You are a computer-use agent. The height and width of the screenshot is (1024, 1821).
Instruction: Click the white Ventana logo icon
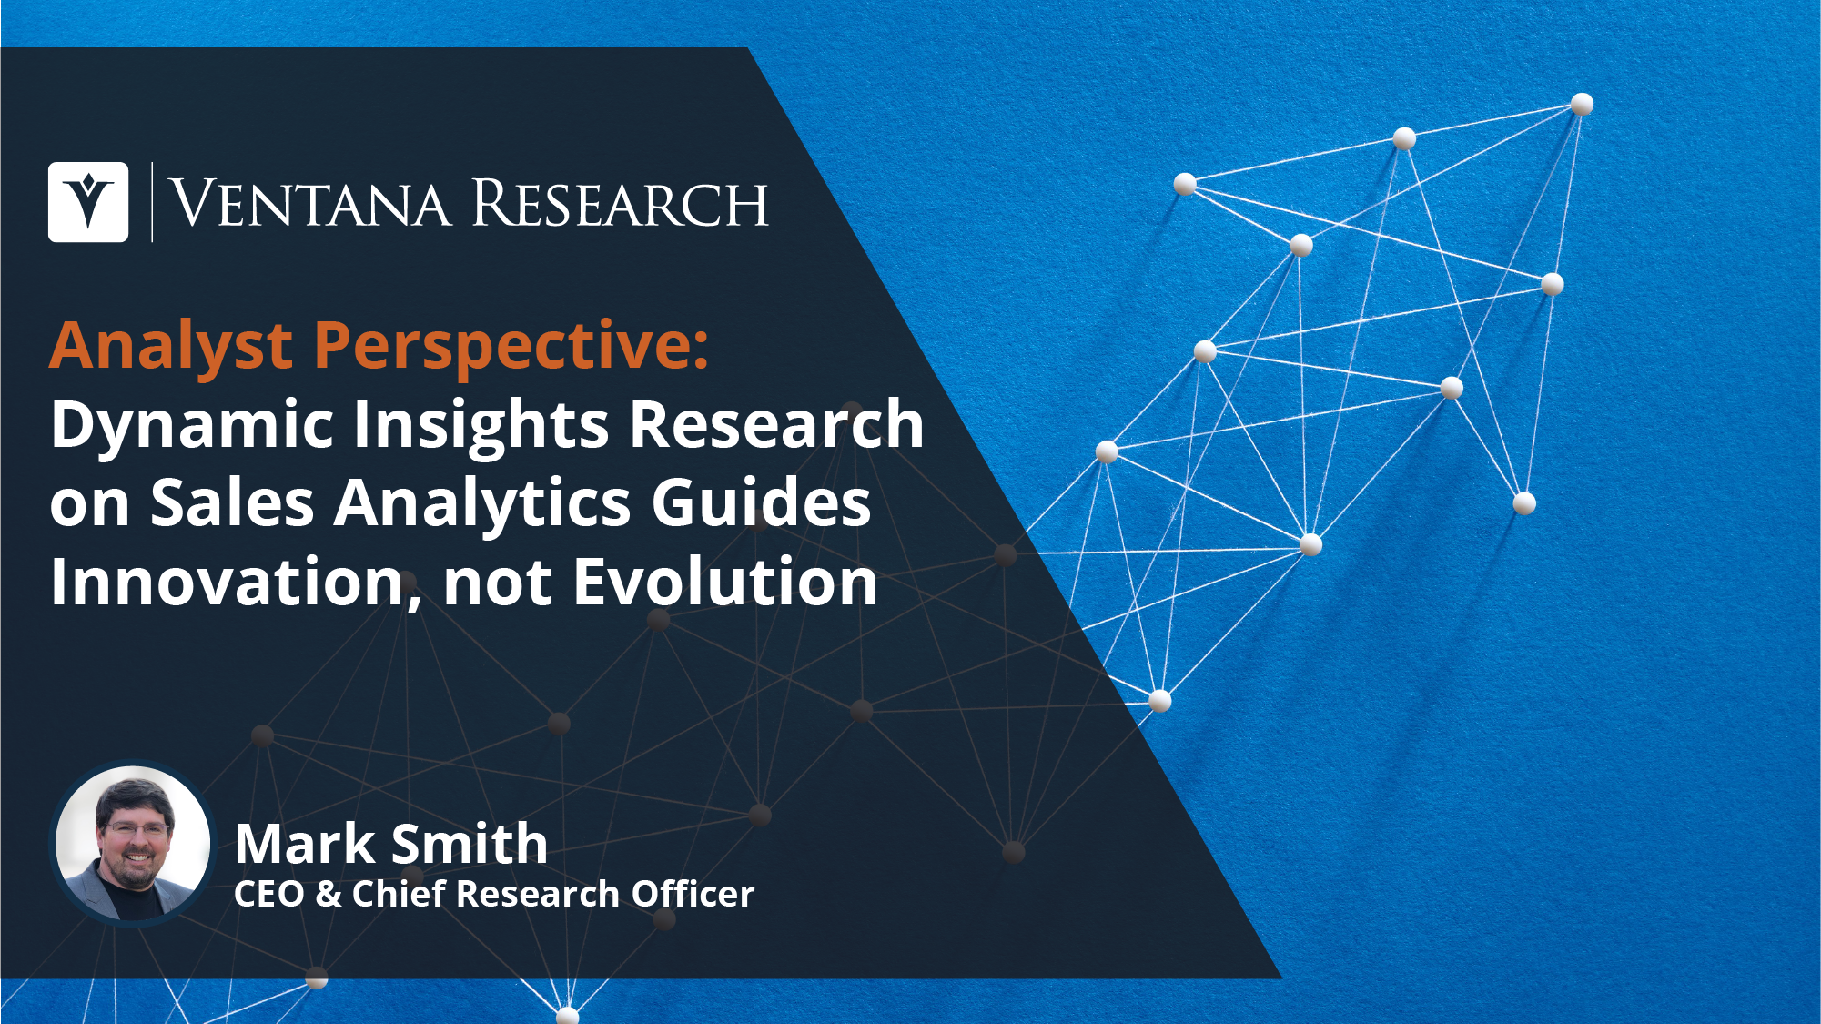pos(88,202)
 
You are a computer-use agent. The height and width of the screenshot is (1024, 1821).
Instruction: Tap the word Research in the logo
pos(620,203)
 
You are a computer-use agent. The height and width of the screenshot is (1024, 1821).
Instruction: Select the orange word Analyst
pos(171,347)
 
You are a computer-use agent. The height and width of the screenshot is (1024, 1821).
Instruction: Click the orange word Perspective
pos(511,347)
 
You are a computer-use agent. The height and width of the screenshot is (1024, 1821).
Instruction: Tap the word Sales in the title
pos(231,503)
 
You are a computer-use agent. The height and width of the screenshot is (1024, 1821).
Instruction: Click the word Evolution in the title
pos(725,583)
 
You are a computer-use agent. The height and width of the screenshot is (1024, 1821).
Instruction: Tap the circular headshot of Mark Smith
pos(133,843)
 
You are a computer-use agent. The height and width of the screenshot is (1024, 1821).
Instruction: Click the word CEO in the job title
pos(269,894)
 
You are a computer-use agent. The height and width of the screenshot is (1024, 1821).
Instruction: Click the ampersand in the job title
pos(329,894)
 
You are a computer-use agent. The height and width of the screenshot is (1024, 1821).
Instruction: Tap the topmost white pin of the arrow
pos(1582,104)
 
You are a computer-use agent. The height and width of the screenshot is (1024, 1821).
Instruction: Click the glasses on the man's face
pos(137,828)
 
